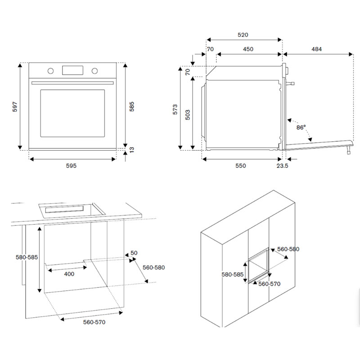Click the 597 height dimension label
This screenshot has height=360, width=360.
(x=15, y=107)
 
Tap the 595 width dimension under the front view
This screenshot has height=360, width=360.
(x=72, y=166)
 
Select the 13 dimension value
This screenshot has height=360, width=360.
(x=132, y=150)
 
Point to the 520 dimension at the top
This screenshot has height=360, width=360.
(x=243, y=35)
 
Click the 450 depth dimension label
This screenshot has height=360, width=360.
(x=248, y=49)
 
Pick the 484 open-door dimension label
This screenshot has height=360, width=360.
(x=316, y=49)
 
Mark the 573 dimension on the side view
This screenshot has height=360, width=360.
(x=175, y=109)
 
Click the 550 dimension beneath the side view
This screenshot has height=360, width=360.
(x=241, y=166)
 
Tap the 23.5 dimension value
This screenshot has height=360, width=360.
(x=282, y=166)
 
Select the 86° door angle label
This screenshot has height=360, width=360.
(x=301, y=127)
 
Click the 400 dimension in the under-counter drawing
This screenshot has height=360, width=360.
(x=69, y=274)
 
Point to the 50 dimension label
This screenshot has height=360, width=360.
(x=134, y=253)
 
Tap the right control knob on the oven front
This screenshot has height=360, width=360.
(x=95, y=71)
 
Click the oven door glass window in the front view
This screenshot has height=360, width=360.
(x=72, y=112)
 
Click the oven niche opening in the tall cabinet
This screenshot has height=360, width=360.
(x=258, y=270)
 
